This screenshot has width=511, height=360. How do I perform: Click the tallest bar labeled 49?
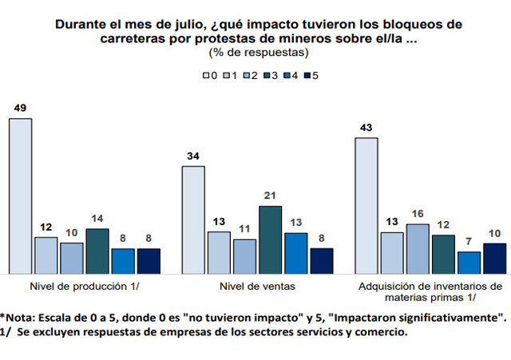pos(21,196)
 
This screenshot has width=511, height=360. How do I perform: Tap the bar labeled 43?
pos(366,205)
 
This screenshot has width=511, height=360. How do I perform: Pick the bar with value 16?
pos(418,248)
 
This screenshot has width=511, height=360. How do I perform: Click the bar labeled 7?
pos(469,262)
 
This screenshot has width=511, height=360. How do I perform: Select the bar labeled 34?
pos(193,220)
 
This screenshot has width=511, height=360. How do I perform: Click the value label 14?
pos(97,219)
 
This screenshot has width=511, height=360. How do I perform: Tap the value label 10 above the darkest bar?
pos(495,233)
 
